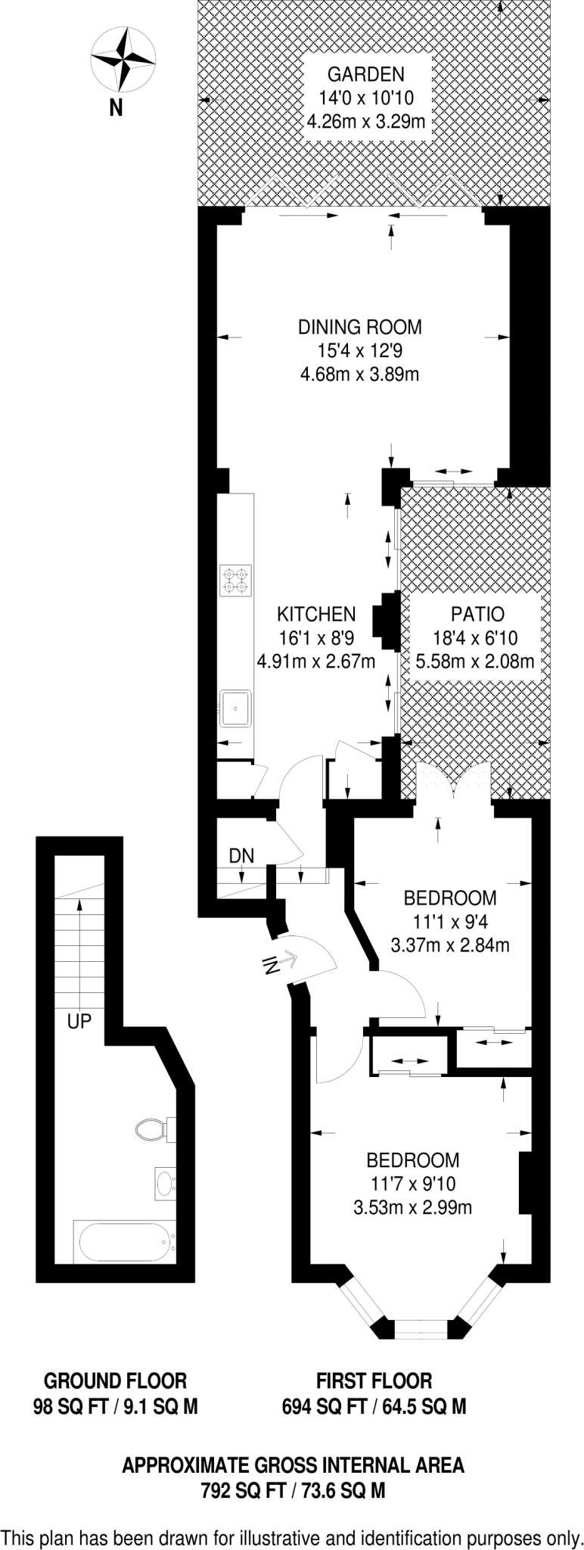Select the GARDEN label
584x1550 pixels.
[366, 74]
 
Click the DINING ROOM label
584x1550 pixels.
[359, 328]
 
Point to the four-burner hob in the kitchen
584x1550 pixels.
[235, 580]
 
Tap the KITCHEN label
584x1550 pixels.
[316, 613]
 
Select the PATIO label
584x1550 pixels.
[477, 615]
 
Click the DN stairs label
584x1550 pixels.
[241, 856]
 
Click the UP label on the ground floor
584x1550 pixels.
[79, 1022]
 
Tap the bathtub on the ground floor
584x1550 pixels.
[123, 1242]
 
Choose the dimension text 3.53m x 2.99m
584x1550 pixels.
[413, 1207]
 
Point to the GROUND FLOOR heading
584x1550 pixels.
[115, 1380]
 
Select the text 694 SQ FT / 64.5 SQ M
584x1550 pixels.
[374, 1406]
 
